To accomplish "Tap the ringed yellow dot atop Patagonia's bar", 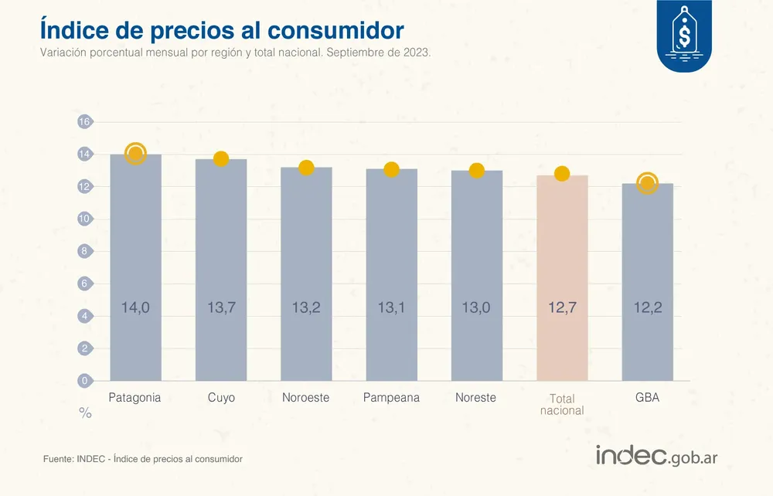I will (135, 154).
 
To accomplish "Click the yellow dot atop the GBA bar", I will (647, 183).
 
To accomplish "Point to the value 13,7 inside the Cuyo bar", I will (221, 308).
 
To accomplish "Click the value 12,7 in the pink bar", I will (562, 308).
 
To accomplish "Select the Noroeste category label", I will (306, 398).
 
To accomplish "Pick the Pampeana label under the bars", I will (391, 398).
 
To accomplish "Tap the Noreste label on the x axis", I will (475, 398).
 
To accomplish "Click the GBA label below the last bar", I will (647, 398).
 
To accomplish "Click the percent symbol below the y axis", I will (85, 414).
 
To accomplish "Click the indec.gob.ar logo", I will (656, 456).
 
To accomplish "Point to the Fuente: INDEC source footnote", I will (143, 459).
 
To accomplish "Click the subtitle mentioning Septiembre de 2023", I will (235, 53).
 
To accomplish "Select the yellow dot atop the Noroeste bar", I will (306, 168).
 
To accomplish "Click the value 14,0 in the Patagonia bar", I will (135, 308).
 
